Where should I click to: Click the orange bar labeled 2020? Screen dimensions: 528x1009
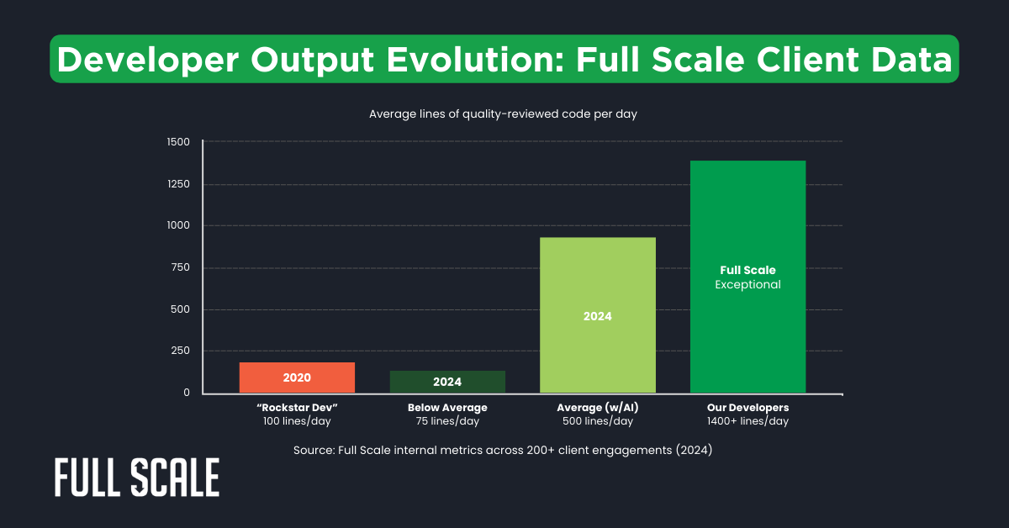pyautogui.click(x=297, y=378)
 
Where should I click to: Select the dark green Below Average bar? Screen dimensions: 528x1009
pyautogui.click(x=447, y=382)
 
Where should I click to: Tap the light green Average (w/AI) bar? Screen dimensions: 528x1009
pyautogui.click(x=597, y=315)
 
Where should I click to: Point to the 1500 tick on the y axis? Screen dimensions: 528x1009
pyautogui.click(x=178, y=142)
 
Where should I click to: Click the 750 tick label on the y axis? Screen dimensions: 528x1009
pyautogui.click(x=181, y=267)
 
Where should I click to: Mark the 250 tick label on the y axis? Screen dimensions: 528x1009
pyautogui.click(x=181, y=351)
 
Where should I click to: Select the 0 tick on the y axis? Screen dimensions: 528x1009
pyautogui.click(x=187, y=393)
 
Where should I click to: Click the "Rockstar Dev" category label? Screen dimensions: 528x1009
pyautogui.click(x=297, y=408)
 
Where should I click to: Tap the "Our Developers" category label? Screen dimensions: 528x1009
pyautogui.click(x=748, y=408)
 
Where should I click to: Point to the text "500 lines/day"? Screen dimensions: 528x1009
pyautogui.click(x=597, y=421)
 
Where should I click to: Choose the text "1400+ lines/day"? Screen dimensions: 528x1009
pyautogui.click(x=748, y=421)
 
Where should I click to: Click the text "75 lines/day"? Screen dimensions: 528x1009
pyautogui.click(x=447, y=421)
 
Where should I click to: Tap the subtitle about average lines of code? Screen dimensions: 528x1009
pyautogui.click(x=503, y=114)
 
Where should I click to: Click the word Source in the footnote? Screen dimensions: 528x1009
pyautogui.click(x=313, y=451)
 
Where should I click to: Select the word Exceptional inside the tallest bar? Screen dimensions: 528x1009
pyautogui.click(x=748, y=285)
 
